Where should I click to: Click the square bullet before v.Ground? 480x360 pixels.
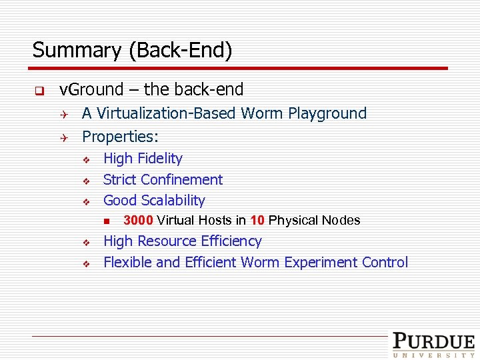(x=39, y=90)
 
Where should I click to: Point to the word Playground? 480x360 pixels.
(x=327, y=113)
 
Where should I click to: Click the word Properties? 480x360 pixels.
(x=120, y=137)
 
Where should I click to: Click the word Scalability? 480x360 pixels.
(x=172, y=200)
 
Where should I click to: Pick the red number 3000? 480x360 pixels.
(x=138, y=221)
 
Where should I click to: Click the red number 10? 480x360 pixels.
(x=258, y=221)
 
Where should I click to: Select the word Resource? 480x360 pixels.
(x=167, y=241)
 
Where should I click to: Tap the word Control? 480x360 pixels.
(x=385, y=262)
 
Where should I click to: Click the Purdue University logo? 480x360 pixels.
(x=433, y=345)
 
